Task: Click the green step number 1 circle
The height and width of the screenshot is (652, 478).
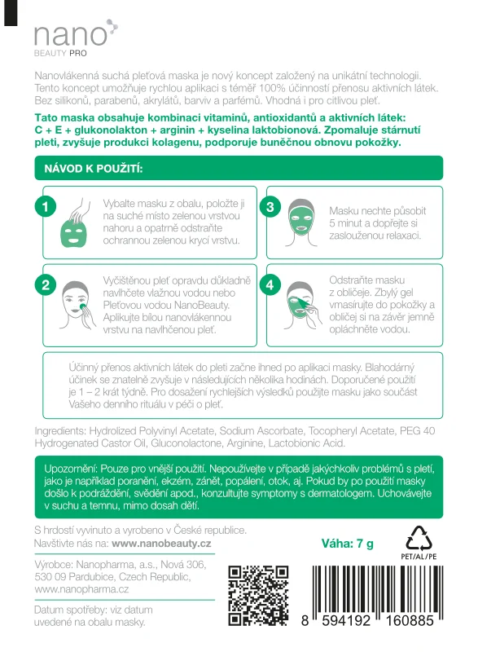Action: [x=47, y=207]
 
